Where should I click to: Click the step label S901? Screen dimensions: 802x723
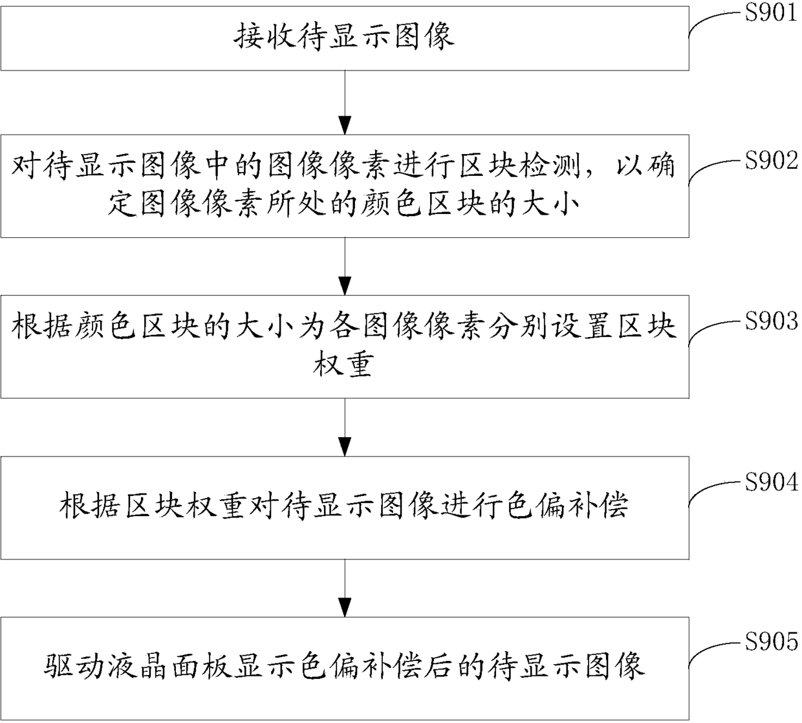(x=771, y=13)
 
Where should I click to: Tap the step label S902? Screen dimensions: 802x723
(x=771, y=161)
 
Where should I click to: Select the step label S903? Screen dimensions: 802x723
(x=771, y=321)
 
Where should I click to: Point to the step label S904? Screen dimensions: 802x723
(x=771, y=482)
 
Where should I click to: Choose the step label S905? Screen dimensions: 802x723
(x=771, y=643)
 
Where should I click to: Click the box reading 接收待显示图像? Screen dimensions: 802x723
(x=345, y=38)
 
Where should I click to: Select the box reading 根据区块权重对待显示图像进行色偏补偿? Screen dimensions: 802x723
(x=345, y=508)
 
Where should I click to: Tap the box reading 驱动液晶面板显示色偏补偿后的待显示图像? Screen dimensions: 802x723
(x=345, y=669)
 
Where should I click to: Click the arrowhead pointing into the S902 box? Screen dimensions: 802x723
(x=345, y=125)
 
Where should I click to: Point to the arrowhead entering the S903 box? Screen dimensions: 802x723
(x=345, y=286)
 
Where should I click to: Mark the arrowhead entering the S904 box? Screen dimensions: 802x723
(x=345, y=447)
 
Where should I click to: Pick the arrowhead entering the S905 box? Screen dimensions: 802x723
(x=345, y=607)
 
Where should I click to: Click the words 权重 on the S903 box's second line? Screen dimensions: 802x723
(x=343, y=365)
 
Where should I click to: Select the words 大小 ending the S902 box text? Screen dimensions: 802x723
(x=550, y=204)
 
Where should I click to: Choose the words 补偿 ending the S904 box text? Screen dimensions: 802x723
(x=597, y=505)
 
